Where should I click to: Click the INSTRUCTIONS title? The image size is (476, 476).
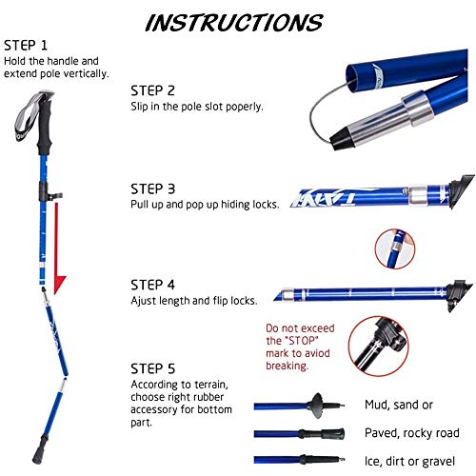point(234,23)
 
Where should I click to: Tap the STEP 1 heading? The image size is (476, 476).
point(26,46)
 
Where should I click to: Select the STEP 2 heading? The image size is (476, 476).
point(152,90)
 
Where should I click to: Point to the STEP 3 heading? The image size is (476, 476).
point(152,188)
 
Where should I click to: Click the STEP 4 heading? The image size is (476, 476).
point(152,285)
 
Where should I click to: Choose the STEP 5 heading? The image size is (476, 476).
point(152,368)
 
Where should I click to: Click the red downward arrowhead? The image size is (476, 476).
point(59,285)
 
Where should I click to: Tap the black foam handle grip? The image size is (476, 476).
point(45,127)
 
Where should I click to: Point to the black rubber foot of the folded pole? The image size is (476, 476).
point(40,449)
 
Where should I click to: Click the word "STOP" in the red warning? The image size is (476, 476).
point(302,341)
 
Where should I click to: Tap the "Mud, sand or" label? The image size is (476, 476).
point(399,405)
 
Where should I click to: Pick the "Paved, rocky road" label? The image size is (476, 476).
point(412,433)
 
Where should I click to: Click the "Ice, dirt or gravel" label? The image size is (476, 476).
point(409,461)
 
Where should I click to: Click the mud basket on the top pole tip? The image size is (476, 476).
point(317,406)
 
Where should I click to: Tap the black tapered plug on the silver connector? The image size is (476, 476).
point(342,138)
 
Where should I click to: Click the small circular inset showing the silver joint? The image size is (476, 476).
point(395,248)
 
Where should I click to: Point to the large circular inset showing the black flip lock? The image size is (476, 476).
point(378,346)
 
